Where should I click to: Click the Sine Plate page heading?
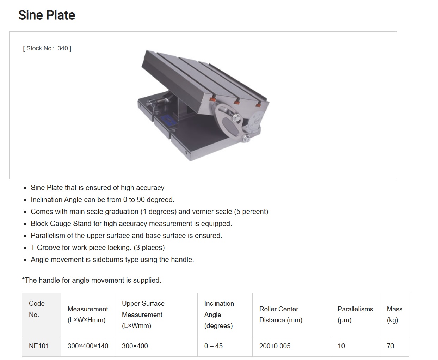click(x=47, y=15)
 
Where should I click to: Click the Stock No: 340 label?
click(x=47, y=48)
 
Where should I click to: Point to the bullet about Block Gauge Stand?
click(x=131, y=224)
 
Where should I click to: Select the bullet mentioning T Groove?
click(x=98, y=248)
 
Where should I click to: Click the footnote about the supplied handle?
click(x=92, y=280)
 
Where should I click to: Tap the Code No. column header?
click(x=37, y=309)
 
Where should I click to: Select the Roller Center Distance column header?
click(x=280, y=315)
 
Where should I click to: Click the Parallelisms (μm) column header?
click(x=355, y=315)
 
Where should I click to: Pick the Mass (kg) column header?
click(x=394, y=315)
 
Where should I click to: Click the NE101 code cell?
click(x=39, y=346)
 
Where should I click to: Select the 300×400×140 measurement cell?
click(x=88, y=346)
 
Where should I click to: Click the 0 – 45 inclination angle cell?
click(x=214, y=346)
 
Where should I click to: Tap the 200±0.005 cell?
click(x=275, y=346)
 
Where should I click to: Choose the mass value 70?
click(x=390, y=346)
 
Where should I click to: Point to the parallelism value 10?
click(x=341, y=346)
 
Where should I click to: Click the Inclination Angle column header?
click(x=219, y=315)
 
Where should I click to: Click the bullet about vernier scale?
click(x=149, y=212)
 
